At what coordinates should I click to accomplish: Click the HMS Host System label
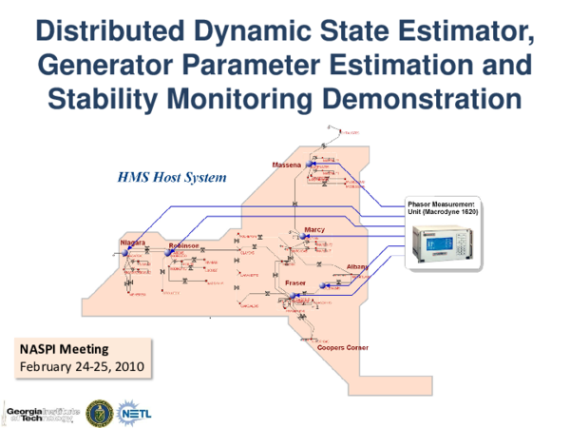point(171,178)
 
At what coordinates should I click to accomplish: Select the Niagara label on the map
point(132,243)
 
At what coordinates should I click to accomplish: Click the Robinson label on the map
point(183,244)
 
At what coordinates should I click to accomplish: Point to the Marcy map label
point(314,230)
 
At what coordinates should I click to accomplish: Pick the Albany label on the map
point(357,265)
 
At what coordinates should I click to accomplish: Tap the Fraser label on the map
point(295,283)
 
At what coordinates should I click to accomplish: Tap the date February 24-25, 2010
point(77,366)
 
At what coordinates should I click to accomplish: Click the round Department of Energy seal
point(98,412)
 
